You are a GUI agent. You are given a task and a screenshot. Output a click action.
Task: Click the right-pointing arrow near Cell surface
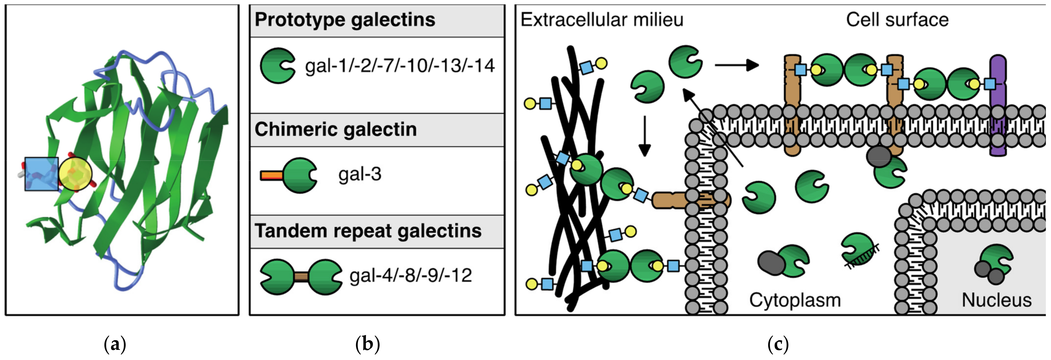(737, 65)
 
